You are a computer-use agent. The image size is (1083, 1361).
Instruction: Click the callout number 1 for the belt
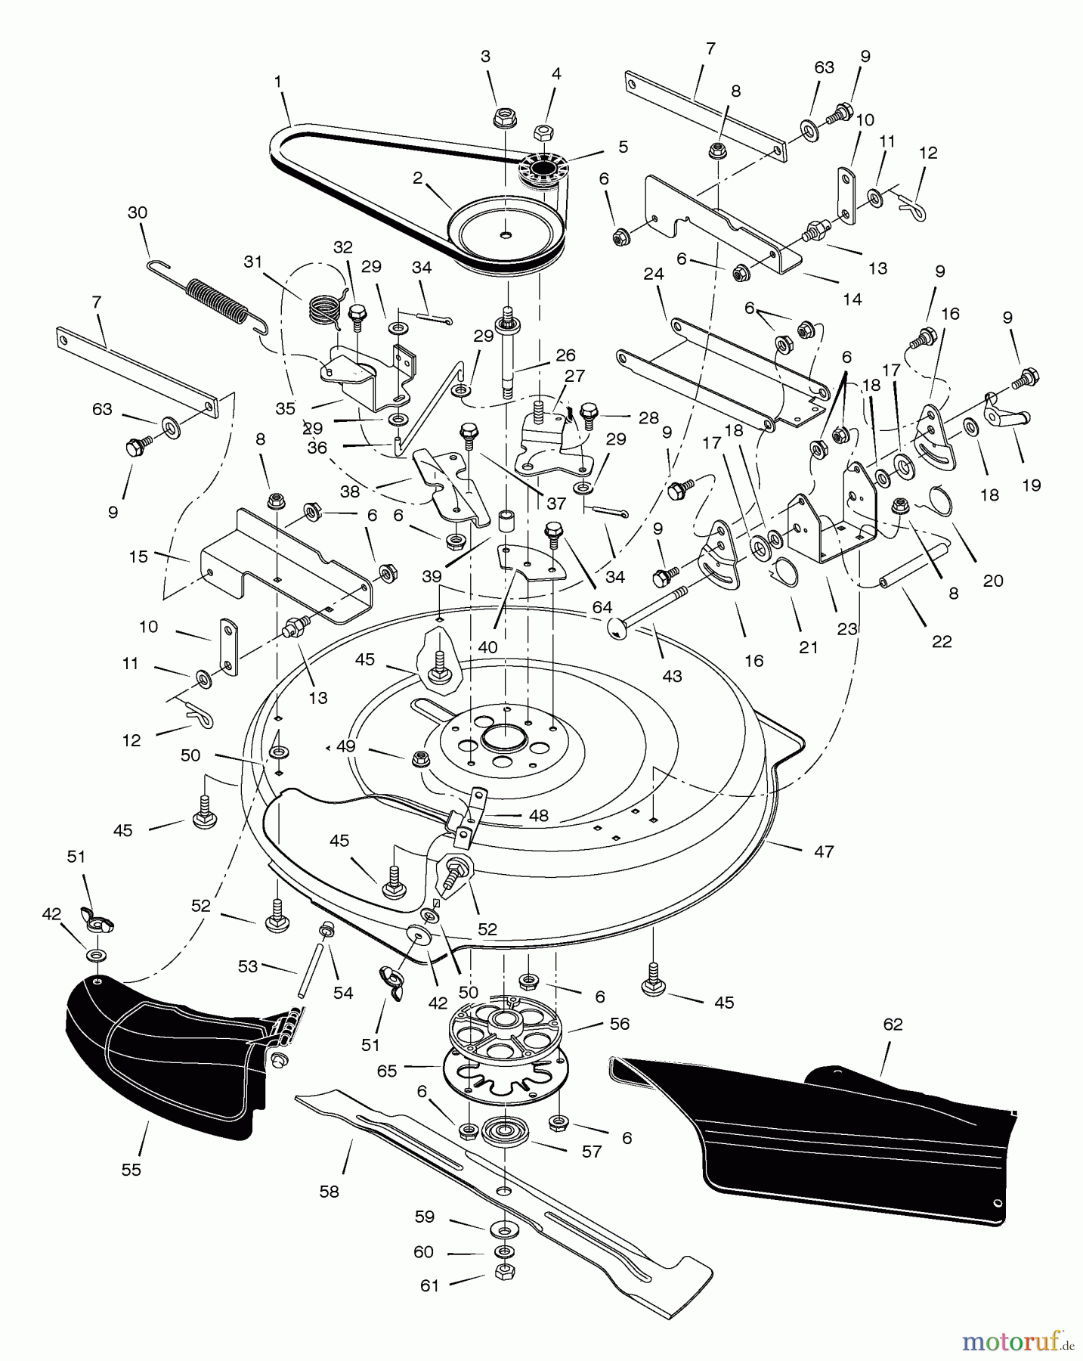coord(278,79)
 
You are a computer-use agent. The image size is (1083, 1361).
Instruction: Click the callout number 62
coord(893,1025)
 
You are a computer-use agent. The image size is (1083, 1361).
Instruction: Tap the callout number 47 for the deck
coord(824,851)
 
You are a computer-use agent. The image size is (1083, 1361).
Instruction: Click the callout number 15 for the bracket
coord(138,556)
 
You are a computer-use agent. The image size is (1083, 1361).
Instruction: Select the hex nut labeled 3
coord(505,118)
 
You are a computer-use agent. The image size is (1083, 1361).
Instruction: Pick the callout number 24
coord(654,274)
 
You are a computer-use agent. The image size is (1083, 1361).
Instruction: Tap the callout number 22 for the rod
coord(942,641)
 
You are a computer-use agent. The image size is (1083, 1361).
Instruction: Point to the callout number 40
coord(488,647)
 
